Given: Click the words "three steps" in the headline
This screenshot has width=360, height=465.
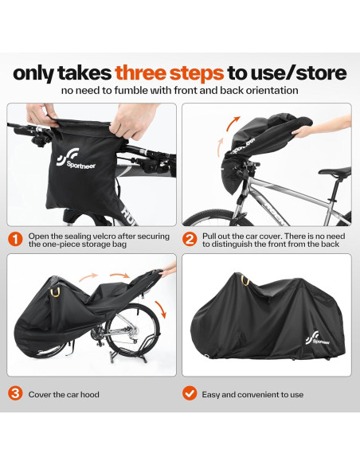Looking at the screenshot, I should pyautogui.click(x=169, y=73).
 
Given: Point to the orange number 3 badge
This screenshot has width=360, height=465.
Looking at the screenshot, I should pyautogui.click(x=15, y=393).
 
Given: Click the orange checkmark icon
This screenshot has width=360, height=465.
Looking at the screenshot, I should pyautogui.click(x=190, y=393).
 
